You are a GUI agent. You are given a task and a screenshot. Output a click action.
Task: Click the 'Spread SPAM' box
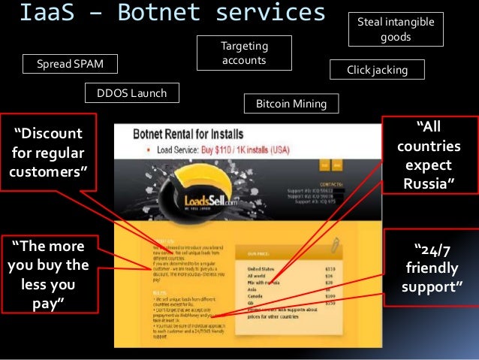coord(73,64)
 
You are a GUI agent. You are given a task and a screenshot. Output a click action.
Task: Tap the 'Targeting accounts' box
coord(244,53)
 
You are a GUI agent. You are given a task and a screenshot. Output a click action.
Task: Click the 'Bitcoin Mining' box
coord(291,103)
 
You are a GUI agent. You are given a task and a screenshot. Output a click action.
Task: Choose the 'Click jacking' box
coord(377,70)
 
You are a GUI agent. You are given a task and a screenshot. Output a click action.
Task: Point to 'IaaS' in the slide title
coord(46,14)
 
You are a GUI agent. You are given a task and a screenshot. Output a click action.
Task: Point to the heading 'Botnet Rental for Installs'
coord(188,135)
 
